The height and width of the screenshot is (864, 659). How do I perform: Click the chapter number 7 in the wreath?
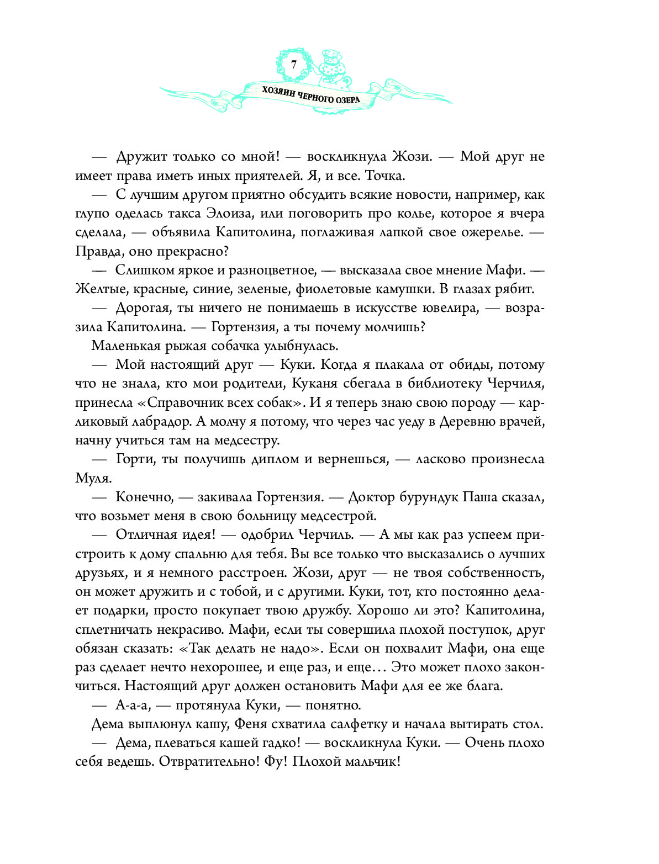(x=293, y=64)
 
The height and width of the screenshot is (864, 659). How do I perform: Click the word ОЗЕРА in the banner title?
(x=346, y=99)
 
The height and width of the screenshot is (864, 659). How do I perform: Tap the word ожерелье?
(x=494, y=232)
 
